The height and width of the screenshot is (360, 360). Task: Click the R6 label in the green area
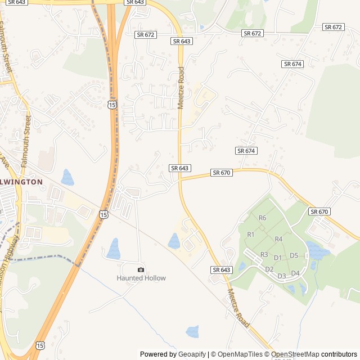click(x=262, y=218)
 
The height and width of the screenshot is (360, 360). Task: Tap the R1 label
click(x=251, y=234)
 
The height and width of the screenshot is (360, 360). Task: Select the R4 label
click(x=278, y=239)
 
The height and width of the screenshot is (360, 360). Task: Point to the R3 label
click(x=264, y=254)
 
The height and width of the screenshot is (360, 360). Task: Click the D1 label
click(x=277, y=258)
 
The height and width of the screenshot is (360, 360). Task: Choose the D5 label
click(x=294, y=255)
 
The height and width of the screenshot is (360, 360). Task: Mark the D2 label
click(x=269, y=269)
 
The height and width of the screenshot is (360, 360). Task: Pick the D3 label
click(x=282, y=276)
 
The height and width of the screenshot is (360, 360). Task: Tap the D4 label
click(x=295, y=273)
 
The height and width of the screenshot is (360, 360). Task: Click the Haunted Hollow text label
click(x=141, y=278)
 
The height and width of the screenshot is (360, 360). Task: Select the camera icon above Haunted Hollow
click(x=141, y=269)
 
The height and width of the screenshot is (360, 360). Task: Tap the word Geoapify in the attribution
click(x=192, y=354)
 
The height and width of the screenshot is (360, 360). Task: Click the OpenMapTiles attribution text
click(x=240, y=354)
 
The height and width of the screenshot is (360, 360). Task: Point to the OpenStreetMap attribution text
click(x=296, y=354)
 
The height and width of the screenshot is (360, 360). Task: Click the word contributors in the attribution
click(x=339, y=354)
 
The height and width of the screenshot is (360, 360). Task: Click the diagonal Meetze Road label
click(x=239, y=308)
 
